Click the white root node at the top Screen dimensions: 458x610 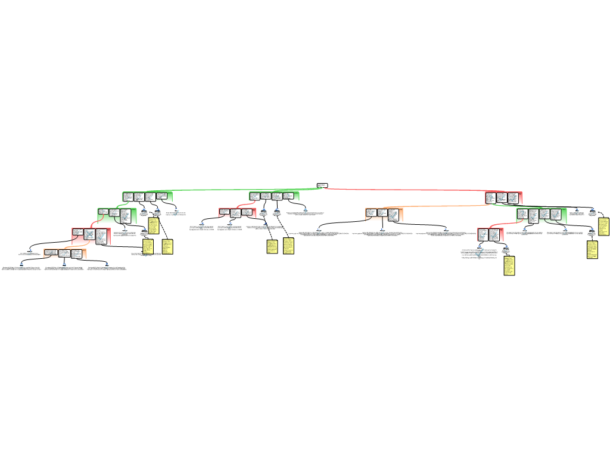point(322,185)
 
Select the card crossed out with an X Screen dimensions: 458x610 point(89,234)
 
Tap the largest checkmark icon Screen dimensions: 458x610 point(480,253)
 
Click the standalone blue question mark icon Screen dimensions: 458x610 point(306,211)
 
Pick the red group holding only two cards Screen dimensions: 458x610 point(490,234)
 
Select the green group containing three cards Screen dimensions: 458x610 point(117,215)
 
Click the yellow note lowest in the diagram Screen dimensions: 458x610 point(509,265)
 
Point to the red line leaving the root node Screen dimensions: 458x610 point(405,190)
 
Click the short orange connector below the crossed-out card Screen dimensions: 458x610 point(74,246)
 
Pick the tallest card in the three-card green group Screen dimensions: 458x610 point(125,215)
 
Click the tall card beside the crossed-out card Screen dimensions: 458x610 point(101,236)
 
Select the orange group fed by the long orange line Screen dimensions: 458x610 point(384,214)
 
